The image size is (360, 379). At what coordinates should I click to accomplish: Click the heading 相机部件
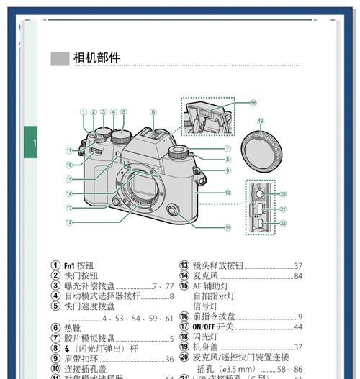96,58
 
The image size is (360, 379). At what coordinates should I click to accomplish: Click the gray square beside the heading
59,58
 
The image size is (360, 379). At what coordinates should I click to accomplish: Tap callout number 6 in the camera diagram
153,112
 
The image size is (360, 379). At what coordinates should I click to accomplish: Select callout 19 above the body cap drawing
261,122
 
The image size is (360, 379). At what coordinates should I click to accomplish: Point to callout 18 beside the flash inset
253,103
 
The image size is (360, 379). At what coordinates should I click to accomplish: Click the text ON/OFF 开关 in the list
215,327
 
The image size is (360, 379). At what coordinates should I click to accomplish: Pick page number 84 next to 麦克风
298,276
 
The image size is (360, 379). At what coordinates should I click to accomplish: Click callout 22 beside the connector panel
283,224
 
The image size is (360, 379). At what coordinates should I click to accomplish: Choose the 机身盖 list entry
207,347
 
